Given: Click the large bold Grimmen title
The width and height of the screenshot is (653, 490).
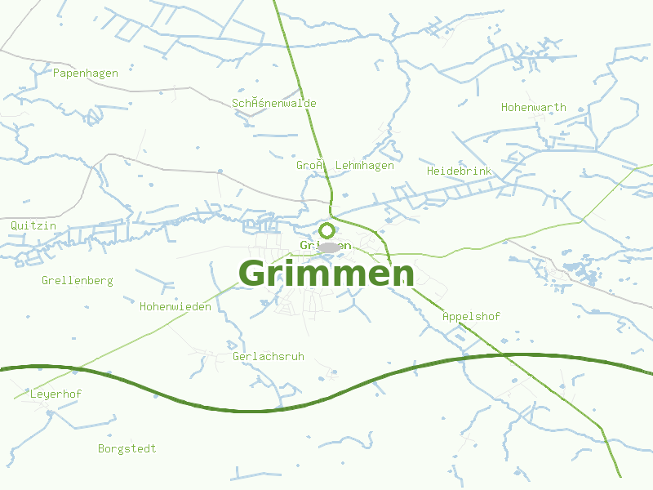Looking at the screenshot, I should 326,274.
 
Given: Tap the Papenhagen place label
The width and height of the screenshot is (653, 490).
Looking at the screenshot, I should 86,73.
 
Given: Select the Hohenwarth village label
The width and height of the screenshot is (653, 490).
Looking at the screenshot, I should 534,108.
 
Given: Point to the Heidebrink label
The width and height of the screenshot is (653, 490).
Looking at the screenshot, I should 460,171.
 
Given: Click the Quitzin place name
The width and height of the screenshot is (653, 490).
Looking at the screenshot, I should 33,225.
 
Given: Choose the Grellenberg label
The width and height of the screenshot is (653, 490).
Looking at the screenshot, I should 78,281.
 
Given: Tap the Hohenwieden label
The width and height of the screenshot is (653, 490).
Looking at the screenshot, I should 175,307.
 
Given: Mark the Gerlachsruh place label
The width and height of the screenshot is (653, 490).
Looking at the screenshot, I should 269,357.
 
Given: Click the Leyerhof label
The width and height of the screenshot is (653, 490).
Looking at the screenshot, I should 56,394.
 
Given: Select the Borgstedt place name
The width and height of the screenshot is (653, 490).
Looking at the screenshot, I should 127,449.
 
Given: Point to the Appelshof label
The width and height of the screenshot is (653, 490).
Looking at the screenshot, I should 471,317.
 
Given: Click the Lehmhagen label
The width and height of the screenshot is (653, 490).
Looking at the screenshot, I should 365,166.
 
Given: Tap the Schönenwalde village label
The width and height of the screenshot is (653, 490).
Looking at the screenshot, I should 274,104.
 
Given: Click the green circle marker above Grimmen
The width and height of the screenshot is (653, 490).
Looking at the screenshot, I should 326,230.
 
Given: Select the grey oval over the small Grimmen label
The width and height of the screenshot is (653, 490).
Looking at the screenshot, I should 330,247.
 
